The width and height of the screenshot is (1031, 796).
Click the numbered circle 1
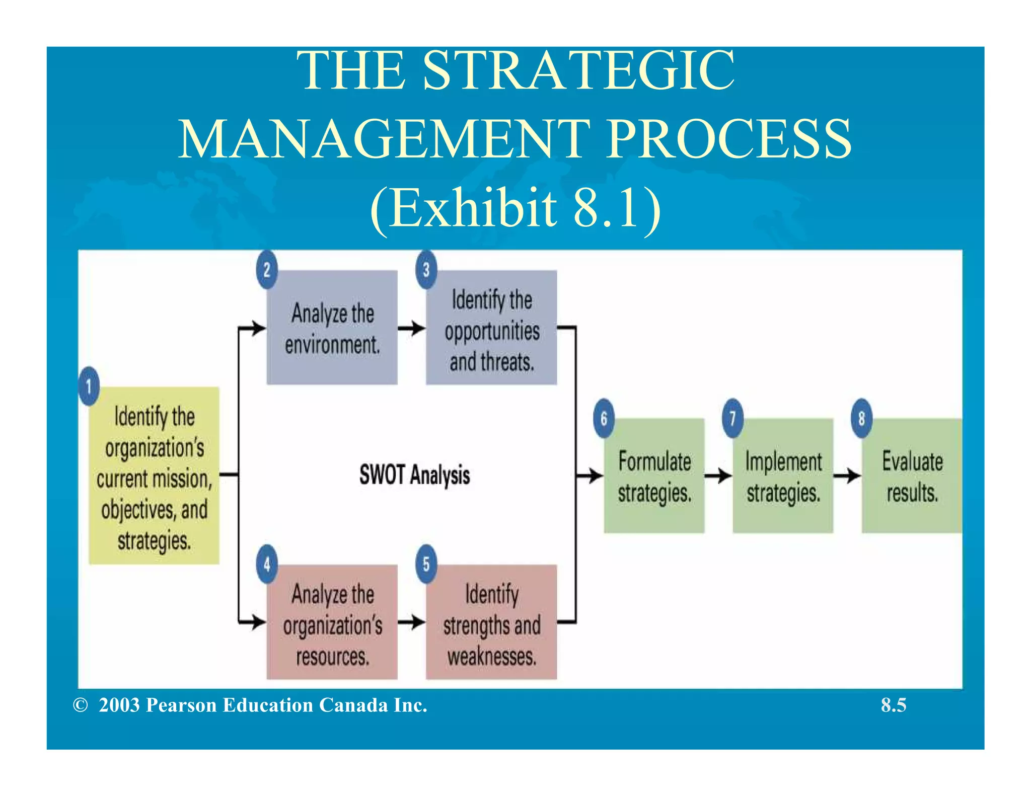click(89, 386)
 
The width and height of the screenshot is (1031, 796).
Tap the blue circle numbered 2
click(267, 270)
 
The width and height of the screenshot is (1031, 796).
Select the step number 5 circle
click(426, 564)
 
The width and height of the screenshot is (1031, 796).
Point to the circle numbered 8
click(861, 418)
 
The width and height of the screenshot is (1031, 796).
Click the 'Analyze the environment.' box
click(332, 328)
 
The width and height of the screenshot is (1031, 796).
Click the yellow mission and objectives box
click(154, 476)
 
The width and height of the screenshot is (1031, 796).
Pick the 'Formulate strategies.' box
click(654, 476)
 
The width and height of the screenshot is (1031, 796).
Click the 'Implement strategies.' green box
click(783, 476)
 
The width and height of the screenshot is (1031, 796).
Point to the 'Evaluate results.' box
click(911, 476)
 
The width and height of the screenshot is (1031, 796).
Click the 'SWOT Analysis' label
click(414, 475)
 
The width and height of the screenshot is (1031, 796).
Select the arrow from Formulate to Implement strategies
click(718, 475)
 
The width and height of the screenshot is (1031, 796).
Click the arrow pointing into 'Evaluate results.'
click(847, 475)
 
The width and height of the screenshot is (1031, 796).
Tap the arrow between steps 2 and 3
click(412, 328)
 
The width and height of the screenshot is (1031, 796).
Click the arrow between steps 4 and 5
click(412, 622)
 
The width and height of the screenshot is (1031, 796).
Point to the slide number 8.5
click(893, 705)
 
